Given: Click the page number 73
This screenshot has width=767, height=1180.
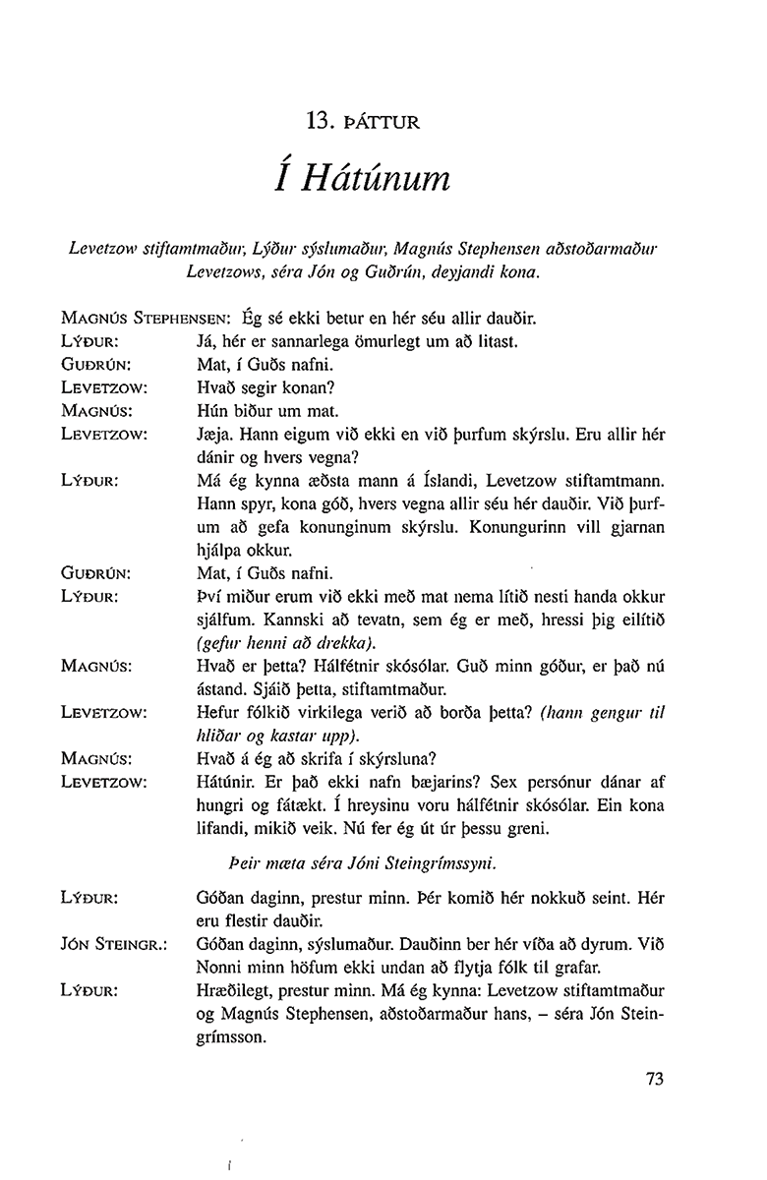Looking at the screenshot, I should tap(656, 1078).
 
